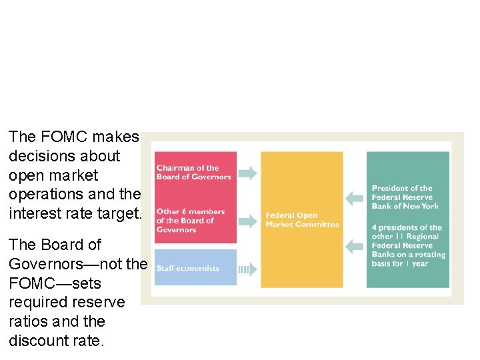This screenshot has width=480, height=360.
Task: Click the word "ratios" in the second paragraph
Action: click(x=27, y=321)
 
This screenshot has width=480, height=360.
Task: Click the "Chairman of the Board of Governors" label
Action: click(x=193, y=173)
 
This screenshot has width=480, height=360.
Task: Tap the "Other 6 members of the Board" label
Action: click(x=190, y=221)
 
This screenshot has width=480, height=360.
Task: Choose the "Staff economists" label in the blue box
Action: click(x=187, y=269)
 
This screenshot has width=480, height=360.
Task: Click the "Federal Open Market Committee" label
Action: click(x=302, y=219)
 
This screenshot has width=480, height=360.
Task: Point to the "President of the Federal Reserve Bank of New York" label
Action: click(x=406, y=197)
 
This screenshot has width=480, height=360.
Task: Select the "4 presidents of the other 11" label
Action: click(x=408, y=245)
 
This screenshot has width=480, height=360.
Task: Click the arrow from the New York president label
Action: click(x=354, y=197)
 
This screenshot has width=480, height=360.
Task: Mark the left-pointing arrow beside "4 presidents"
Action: click(x=354, y=246)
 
